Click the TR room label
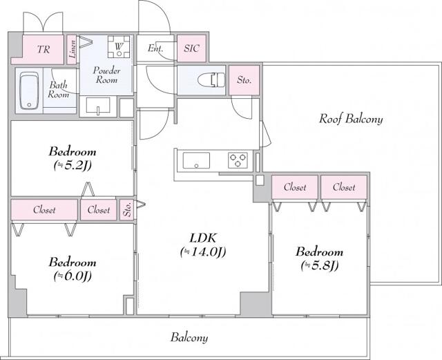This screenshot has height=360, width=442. [43, 50]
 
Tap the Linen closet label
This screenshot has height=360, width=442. [72, 49]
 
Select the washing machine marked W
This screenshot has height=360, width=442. [118, 48]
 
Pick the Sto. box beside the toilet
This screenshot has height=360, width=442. [243, 80]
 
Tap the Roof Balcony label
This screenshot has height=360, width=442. [350, 119]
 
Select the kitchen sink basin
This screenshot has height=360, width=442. [196, 162]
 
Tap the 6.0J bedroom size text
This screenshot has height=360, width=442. [72, 276]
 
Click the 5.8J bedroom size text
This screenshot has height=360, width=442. [318, 265]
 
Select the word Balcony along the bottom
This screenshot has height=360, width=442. [189, 338]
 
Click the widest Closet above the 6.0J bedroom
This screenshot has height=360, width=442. [44, 209]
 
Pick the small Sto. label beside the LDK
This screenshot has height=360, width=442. [127, 209]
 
